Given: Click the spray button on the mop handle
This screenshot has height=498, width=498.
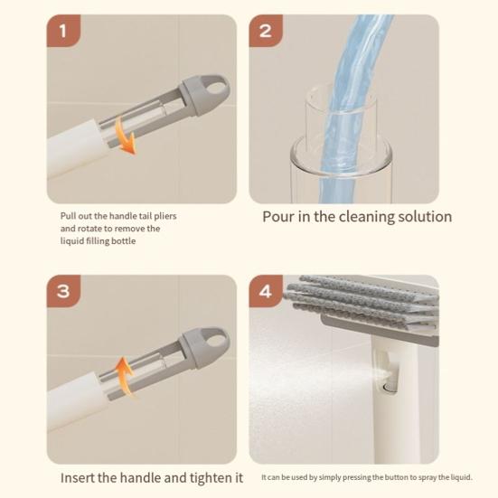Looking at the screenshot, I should (390, 380).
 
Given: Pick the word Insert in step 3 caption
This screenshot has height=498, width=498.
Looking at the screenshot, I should (81, 477).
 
